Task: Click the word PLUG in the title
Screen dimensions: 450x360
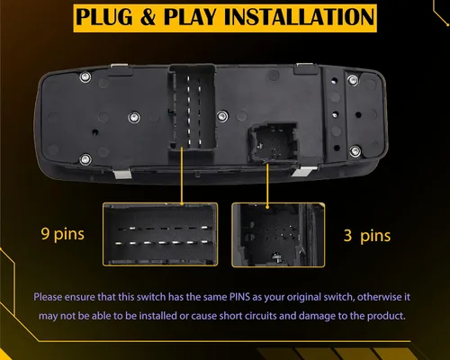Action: [104, 17]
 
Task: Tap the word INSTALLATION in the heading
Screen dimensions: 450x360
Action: [300, 17]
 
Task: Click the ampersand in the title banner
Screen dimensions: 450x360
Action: [148, 17]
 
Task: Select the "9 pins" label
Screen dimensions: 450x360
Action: [62, 234]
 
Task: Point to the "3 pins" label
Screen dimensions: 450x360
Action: [367, 236]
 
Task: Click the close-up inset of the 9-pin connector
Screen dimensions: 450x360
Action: [160, 234]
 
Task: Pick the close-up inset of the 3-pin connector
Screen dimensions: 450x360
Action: [278, 235]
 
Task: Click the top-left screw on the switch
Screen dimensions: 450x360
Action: [85, 77]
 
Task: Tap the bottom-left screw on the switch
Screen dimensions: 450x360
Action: [85, 159]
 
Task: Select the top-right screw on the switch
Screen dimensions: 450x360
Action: [353, 80]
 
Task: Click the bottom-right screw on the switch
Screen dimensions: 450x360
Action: [355, 151]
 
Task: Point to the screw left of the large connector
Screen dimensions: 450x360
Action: [134, 117]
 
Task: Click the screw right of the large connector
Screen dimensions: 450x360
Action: [222, 116]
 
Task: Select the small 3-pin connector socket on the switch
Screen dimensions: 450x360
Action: [273, 143]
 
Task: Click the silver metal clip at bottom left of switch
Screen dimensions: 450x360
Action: [122, 174]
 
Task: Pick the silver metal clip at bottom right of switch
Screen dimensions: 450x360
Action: [303, 172]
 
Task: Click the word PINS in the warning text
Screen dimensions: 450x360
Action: [239, 297]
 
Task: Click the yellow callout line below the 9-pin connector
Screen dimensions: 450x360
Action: [182, 175]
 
